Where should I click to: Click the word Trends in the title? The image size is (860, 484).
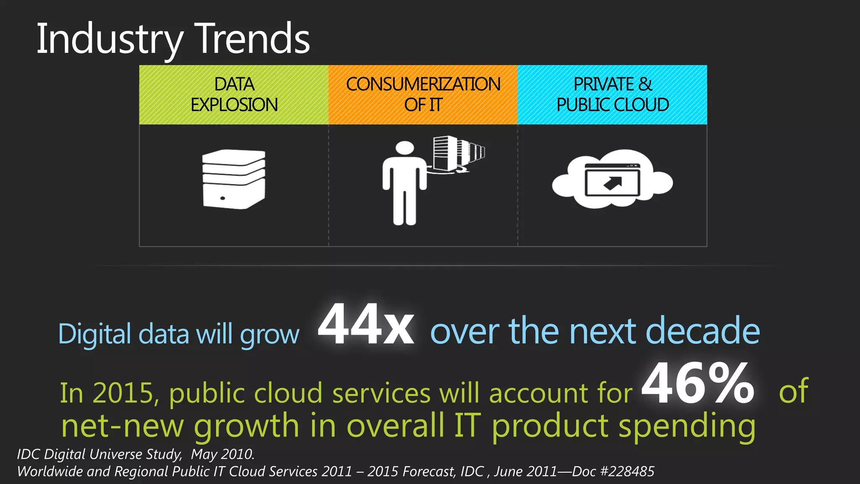point(253,39)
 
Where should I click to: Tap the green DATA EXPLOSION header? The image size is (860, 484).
point(234,95)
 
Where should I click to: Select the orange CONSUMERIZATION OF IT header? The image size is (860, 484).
point(423,95)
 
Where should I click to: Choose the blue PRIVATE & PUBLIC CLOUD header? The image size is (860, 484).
point(612,95)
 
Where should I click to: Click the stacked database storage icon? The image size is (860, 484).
point(233,179)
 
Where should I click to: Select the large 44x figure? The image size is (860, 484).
point(366,325)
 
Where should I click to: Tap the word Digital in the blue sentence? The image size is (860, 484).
point(95,334)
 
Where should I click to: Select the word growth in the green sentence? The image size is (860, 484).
point(246,426)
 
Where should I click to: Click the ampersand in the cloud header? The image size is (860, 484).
point(645,84)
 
